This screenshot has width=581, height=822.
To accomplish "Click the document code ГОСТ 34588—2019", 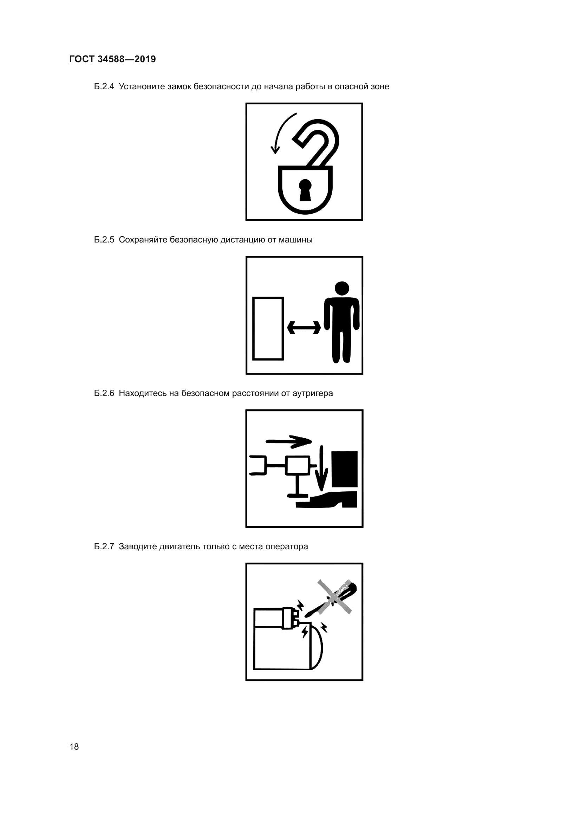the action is [112, 59].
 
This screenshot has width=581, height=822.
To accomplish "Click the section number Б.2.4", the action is [104, 87].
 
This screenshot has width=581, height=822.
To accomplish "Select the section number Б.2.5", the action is [104, 240].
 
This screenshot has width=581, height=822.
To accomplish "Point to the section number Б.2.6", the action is [104, 394].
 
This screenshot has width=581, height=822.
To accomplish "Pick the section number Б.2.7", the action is [104, 547].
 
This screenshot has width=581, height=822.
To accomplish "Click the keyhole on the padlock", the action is [305, 190].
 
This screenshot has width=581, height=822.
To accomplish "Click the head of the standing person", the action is [342, 289].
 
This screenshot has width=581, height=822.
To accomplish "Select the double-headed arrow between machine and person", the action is [304, 327].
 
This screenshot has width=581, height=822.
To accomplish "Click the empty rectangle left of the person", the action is [268, 328].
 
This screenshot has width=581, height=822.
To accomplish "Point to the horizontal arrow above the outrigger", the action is [289, 441].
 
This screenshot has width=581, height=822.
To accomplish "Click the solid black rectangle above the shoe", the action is [345, 469].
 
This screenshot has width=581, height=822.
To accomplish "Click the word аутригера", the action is [313, 394].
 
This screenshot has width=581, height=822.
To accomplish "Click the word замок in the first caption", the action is [179, 87].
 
